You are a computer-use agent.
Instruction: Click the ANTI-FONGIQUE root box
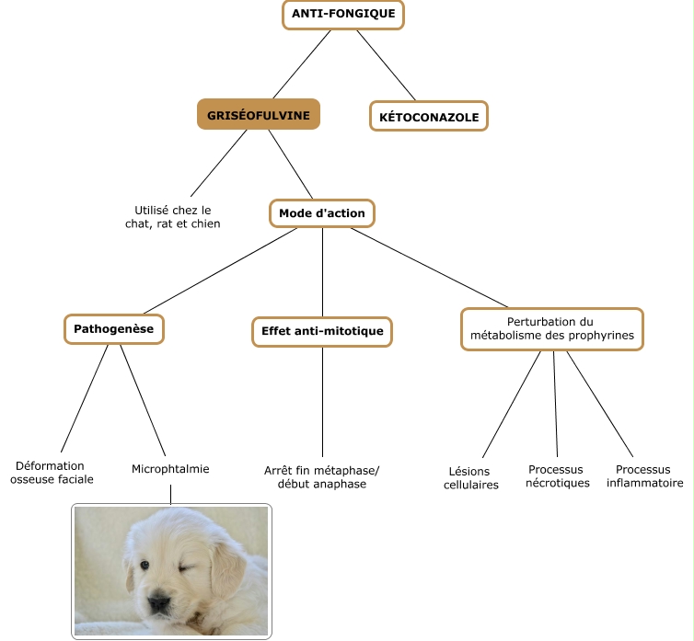[343, 15]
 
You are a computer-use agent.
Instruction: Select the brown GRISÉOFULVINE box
[258, 115]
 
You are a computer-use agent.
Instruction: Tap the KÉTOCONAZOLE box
[429, 117]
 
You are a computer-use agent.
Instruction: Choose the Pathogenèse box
[113, 328]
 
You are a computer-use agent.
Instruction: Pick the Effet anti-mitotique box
[322, 331]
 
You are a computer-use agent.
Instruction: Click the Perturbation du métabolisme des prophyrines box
[551, 328]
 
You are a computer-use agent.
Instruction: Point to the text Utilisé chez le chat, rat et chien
[173, 216]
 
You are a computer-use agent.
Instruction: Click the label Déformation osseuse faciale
[52, 473]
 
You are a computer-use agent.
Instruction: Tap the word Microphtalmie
[170, 469]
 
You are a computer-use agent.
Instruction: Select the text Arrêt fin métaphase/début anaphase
[321, 477]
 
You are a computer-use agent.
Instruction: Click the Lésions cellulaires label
[471, 477]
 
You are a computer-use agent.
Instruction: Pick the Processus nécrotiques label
[557, 476]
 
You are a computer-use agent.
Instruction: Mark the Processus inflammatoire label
[644, 476]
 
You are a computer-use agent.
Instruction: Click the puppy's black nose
[159, 603]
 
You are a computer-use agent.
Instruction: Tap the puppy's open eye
[144, 564]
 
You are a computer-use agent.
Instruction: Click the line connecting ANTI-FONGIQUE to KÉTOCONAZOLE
[387, 65]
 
